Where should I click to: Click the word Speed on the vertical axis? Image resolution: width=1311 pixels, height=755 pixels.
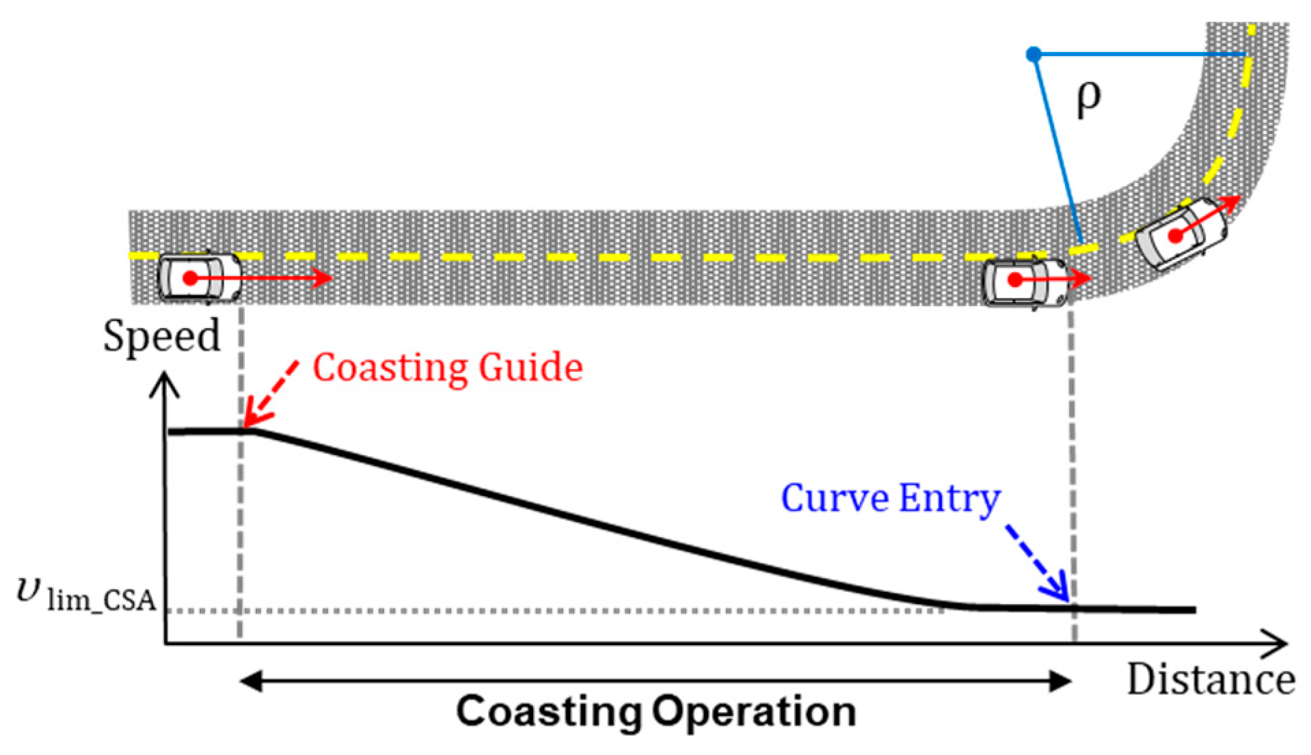click(x=161, y=336)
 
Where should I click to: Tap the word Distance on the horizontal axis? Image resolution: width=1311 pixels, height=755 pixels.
click(x=1211, y=680)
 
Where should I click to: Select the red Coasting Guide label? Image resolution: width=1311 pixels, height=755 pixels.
click(x=448, y=367)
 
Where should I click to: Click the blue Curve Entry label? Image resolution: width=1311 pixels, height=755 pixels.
click(x=890, y=498)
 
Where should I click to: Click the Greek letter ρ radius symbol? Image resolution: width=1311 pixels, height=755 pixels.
click(x=1088, y=100)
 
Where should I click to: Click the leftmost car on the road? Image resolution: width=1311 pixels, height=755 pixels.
click(x=200, y=277)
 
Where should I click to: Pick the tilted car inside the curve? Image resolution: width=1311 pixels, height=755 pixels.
click(x=1180, y=234)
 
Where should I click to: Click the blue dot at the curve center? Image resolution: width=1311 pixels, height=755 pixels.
click(x=1035, y=53)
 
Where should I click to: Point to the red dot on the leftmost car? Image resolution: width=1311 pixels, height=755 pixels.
click(x=189, y=278)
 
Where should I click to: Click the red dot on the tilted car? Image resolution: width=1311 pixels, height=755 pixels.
click(x=1174, y=236)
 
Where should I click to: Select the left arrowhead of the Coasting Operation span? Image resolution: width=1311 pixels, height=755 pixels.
click(x=250, y=681)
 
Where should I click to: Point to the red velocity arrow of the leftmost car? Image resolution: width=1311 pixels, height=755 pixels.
click(x=273, y=278)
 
